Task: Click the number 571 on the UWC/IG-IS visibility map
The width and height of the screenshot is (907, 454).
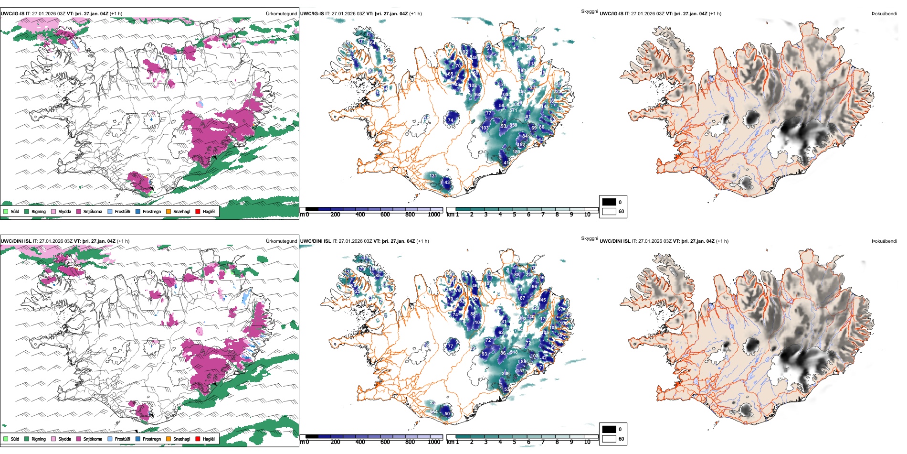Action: click(x=513, y=110)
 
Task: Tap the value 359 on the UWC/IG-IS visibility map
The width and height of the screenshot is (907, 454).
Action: click(x=513, y=125)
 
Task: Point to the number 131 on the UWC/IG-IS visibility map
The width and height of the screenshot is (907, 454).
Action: click(x=433, y=176)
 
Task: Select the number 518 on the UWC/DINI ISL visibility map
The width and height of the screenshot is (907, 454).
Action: click(x=514, y=352)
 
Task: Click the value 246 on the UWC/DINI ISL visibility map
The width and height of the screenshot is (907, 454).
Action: click(x=506, y=374)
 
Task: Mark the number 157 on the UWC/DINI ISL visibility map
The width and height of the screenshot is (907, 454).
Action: click(x=520, y=370)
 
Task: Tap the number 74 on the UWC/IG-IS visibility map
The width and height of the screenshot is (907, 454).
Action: click(x=450, y=120)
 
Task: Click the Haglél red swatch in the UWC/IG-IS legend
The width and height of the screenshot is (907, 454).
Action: click(x=198, y=211)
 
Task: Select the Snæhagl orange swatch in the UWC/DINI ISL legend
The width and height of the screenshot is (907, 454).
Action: click(x=169, y=439)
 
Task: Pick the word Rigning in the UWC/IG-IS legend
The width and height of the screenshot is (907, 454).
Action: click(x=39, y=211)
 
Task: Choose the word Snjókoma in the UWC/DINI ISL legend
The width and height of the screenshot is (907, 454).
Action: click(x=93, y=439)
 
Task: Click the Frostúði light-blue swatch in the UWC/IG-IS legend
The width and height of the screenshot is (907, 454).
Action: click(x=110, y=211)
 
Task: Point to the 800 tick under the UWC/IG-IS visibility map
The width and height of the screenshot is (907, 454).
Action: click(x=410, y=215)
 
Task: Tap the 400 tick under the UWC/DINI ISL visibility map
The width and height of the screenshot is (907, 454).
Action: click(x=360, y=442)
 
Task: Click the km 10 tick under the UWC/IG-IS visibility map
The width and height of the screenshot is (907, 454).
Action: click(x=587, y=215)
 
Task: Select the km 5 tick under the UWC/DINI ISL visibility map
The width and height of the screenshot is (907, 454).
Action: click(x=514, y=442)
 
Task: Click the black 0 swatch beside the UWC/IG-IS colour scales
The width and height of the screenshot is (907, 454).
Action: click(x=609, y=202)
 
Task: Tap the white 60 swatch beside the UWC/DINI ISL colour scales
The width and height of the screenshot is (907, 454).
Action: click(x=609, y=439)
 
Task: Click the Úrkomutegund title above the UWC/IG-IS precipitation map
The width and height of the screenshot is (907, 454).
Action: click(x=281, y=13)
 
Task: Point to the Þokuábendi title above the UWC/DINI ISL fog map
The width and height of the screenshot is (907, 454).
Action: click(x=884, y=241)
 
